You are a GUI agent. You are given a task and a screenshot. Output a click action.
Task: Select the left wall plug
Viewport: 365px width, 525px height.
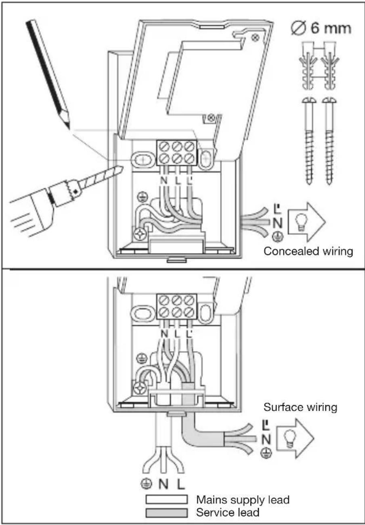point(308,66)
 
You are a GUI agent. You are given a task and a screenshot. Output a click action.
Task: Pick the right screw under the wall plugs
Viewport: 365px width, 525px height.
point(329,140)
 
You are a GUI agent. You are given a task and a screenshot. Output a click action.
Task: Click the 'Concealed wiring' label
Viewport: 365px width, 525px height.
point(308,251)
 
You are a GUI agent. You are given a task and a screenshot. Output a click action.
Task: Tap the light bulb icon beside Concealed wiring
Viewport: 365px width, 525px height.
point(301,222)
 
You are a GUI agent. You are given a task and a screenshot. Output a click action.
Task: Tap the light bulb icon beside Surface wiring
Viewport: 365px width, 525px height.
point(290,438)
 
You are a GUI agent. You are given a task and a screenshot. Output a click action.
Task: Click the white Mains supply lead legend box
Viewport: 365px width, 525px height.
point(166,499)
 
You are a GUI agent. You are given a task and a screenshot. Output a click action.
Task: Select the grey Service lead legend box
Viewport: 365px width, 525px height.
point(166,512)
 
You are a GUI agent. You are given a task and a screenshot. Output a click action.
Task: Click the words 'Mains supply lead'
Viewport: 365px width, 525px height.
point(243,500)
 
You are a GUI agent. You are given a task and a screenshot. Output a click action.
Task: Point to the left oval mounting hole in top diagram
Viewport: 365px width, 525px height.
point(142,159)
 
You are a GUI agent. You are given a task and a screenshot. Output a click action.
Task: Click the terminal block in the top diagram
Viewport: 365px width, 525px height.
point(176,153)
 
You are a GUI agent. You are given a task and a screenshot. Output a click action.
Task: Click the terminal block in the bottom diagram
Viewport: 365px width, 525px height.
point(176,306)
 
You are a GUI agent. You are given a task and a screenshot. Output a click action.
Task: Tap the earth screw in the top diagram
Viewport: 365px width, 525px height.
point(140,234)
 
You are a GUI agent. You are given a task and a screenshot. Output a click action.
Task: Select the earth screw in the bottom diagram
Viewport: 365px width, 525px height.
point(140,388)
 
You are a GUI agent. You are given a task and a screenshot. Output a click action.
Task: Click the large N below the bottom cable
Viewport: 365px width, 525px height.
point(164,483)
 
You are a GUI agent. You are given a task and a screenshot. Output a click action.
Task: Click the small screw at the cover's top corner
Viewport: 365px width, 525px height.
point(255,38)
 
